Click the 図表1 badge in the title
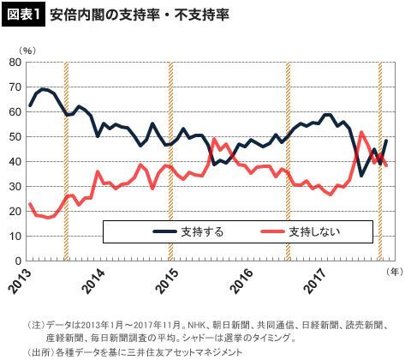[x=23, y=15]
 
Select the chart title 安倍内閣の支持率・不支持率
[x=140, y=15]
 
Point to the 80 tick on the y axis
[x=15, y=63]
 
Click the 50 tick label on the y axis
[x=15, y=137]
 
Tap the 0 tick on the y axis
[x=18, y=261]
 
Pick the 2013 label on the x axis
[x=20, y=281]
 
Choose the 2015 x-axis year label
[x=169, y=281]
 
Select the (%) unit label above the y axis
[x=27, y=51]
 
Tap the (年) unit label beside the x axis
[x=395, y=272]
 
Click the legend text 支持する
[x=202, y=231]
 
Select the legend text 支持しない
[x=314, y=231]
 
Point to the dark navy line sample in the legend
[x=164, y=231]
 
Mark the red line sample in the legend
[x=273, y=231]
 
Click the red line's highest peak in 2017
[x=361, y=132]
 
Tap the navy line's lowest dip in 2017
[x=361, y=176]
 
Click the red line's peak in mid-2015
[x=214, y=139]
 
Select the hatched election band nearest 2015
[x=170, y=161]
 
